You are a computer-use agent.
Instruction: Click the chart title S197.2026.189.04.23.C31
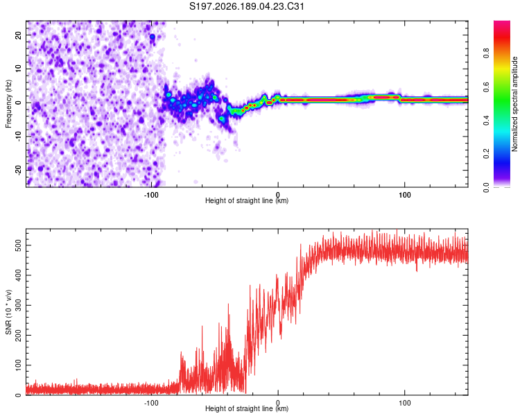coord(246,6)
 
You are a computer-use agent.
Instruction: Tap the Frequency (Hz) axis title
coord(8,103)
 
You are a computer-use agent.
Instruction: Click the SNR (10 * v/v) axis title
coord(8,312)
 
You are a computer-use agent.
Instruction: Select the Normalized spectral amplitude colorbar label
coord(514,104)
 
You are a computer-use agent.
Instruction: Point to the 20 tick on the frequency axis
coord(19,35)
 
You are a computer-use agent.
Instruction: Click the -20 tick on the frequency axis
coord(19,170)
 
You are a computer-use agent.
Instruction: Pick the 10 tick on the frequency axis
coord(19,69)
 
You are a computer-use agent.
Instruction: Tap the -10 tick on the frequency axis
coord(19,137)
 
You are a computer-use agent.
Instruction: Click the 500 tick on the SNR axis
coord(19,245)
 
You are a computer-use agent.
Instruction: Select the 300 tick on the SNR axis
coord(19,305)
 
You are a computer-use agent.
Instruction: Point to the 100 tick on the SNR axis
coord(19,365)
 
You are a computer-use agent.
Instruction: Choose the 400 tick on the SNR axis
coord(19,275)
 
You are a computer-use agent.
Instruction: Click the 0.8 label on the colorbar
coord(486,53)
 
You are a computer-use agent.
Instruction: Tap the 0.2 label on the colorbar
coord(486,154)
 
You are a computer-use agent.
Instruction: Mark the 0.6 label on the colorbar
coord(486,87)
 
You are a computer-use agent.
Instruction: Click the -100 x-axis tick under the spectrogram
coord(151,195)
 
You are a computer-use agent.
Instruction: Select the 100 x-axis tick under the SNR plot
coord(405,403)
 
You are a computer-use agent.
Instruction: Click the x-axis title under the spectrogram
coord(247,200)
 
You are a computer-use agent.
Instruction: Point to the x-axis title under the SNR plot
coord(247,408)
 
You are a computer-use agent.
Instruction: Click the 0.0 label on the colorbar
coord(486,188)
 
